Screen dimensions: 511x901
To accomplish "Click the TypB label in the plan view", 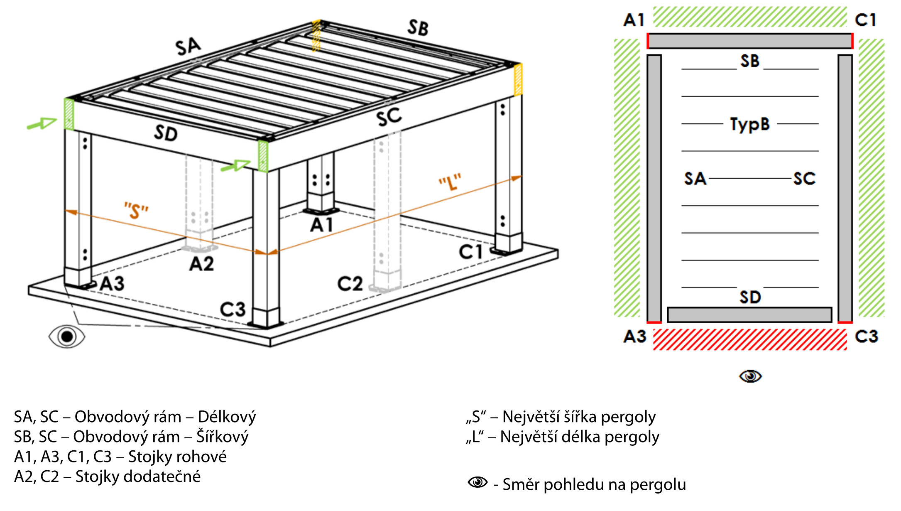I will point(750,124).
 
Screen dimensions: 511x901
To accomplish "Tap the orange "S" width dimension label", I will point(136,211).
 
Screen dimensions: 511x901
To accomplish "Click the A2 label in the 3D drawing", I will point(201,264).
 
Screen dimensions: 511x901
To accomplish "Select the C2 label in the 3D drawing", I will point(350,284).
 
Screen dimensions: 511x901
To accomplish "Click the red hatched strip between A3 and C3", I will point(750,339).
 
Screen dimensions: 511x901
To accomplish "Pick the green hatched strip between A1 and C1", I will point(750,17).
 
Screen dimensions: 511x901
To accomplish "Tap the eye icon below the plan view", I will point(750,376).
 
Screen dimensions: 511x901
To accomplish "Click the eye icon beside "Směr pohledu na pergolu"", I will point(477,482).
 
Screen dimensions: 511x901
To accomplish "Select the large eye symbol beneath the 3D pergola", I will point(67,336).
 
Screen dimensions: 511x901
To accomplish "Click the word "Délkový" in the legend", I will point(227,417).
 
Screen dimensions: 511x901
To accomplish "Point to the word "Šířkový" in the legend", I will point(223,437).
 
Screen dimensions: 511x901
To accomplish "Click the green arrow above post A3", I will point(42,123).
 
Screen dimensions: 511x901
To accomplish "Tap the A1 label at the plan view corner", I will point(634,20).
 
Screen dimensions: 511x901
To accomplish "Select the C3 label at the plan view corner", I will point(867,336).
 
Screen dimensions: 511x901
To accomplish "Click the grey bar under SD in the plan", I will point(749,315).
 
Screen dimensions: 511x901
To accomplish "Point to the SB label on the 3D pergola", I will point(418,28).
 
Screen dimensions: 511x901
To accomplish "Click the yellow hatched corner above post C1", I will point(518,80).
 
